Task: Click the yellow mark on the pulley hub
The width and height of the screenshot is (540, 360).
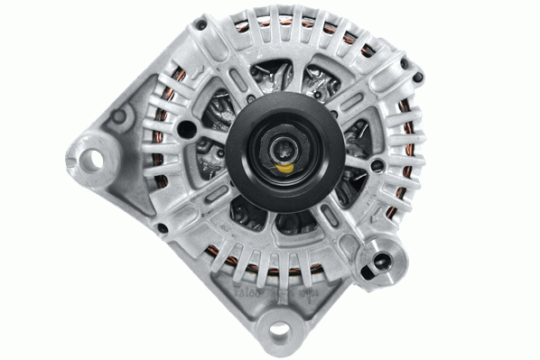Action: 284,167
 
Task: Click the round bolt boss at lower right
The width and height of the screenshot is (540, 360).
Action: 377,263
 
